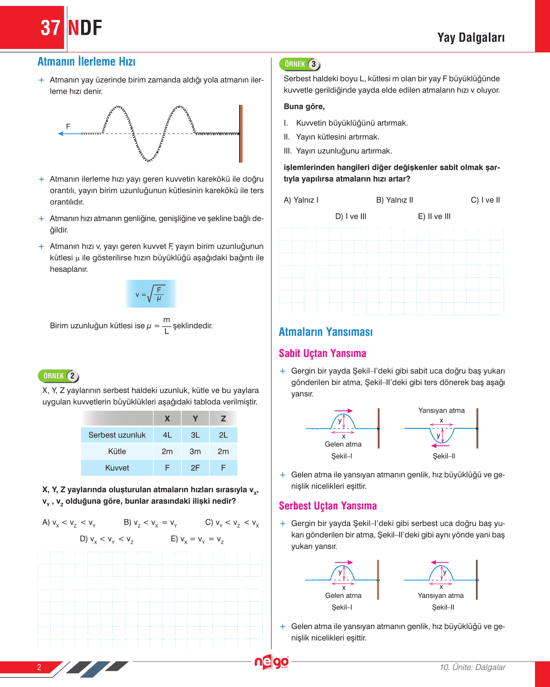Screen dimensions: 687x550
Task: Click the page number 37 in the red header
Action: tap(50, 28)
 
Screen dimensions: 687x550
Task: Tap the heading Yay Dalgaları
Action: tap(471, 38)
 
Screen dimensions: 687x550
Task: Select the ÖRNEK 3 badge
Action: tap(300, 64)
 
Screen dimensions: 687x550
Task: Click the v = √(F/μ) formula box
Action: tap(151, 294)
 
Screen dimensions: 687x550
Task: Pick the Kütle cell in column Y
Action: tap(195, 451)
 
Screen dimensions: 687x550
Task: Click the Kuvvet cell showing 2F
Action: tap(195, 468)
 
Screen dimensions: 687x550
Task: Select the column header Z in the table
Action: tap(223, 419)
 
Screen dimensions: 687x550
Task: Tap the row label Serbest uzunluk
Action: tap(117, 435)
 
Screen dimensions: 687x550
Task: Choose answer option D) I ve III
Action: tap(351, 216)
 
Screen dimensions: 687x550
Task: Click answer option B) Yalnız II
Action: tap(394, 200)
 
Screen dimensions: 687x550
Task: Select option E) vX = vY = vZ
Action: tap(197, 539)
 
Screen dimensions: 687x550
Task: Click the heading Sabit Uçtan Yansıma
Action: tap(322, 353)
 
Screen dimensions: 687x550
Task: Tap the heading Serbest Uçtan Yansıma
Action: tap(328, 506)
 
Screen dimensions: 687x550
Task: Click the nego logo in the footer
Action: tap(271, 662)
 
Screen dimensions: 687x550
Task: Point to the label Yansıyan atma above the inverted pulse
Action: tap(441, 410)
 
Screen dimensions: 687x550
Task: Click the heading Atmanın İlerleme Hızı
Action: tap(86, 62)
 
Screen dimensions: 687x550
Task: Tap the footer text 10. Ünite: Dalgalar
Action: tap(472, 667)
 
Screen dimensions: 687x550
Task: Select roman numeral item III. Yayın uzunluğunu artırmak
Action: tap(338, 151)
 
